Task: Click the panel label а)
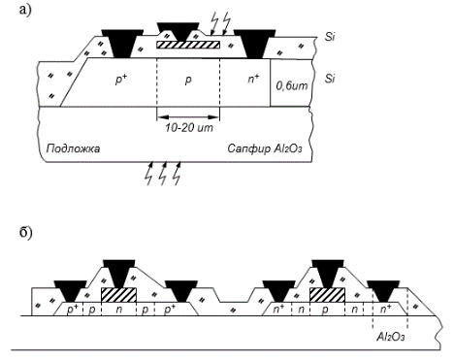[x=25, y=10]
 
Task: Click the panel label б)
[x=26, y=233]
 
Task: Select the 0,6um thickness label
[x=292, y=86]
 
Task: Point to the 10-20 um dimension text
[x=189, y=128]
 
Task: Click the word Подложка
[x=73, y=148]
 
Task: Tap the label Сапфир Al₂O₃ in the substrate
[x=265, y=148]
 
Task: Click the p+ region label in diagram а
[x=121, y=80]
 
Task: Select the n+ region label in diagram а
[x=253, y=79]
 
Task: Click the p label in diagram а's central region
[x=188, y=81]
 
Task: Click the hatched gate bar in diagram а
[x=188, y=45]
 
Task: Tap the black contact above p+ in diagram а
[x=122, y=43]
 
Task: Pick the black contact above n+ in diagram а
[x=254, y=44]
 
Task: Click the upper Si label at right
[x=330, y=37]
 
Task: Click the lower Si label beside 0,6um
[x=330, y=79]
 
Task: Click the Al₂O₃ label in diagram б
[x=391, y=337]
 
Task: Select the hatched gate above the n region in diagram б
[x=118, y=295]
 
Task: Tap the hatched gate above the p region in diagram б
[x=327, y=295]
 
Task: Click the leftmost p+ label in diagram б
[x=73, y=310]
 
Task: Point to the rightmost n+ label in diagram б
[x=385, y=309]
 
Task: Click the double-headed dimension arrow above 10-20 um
[x=188, y=117]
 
